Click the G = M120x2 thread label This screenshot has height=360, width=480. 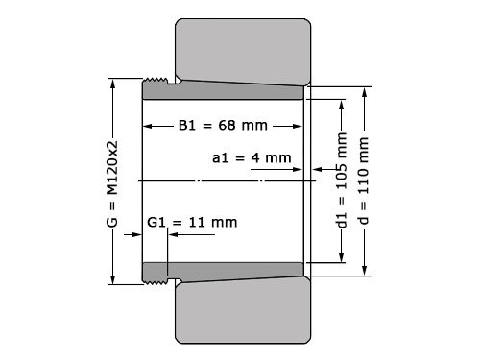point(112,180)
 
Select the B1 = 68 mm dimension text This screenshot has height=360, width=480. point(223,126)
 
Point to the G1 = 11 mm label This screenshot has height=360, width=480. point(191,222)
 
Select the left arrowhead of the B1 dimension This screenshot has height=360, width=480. point(147,126)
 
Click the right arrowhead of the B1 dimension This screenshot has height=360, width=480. point(300,126)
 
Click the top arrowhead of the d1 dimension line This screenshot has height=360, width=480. point(342,102)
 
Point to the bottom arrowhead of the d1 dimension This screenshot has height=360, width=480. point(342,259)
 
